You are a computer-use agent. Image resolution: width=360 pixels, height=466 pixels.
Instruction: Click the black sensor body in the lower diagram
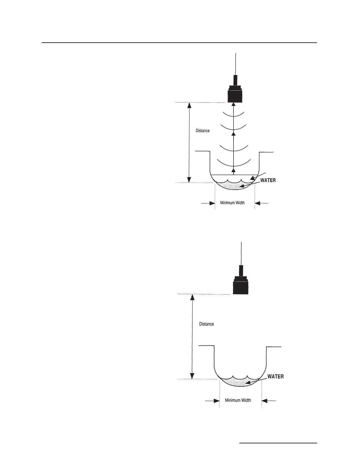[x=241, y=287]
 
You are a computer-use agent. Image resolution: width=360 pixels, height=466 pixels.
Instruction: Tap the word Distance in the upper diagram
[x=203, y=131]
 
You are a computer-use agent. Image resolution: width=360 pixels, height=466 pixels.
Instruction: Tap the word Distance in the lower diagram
[x=206, y=324]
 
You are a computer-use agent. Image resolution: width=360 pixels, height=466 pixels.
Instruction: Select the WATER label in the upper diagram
[x=268, y=180]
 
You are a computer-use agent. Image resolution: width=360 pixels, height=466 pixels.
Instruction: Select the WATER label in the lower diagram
[x=276, y=376]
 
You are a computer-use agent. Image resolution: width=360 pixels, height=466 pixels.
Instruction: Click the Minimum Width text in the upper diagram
[x=232, y=203]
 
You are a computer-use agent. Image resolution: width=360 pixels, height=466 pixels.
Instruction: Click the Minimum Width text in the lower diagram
[x=238, y=400]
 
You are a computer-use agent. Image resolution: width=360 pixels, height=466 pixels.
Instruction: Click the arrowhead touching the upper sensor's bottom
[x=234, y=104]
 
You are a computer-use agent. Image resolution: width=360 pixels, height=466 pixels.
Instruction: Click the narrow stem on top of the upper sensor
[x=235, y=80]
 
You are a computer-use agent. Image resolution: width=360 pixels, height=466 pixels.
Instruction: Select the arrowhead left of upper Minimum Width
[x=212, y=203]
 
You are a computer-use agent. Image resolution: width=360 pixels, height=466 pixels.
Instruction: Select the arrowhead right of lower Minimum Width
[x=264, y=400]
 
